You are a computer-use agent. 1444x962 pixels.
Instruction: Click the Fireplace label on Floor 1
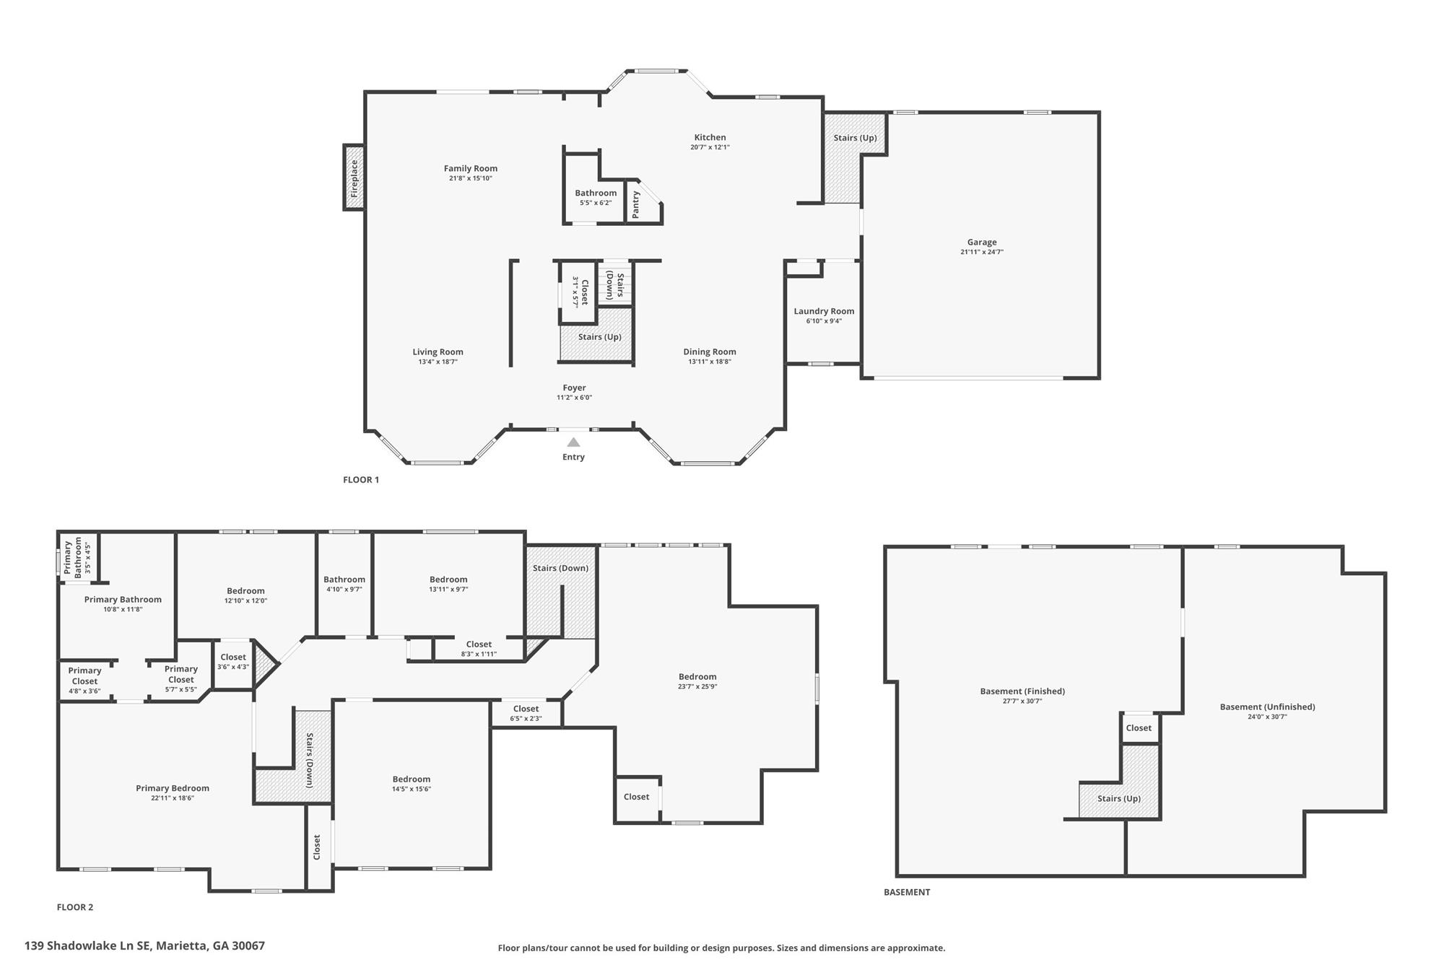pyautogui.click(x=354, y=178)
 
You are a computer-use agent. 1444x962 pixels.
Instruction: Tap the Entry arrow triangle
pyautogui.click(x=573, y=442)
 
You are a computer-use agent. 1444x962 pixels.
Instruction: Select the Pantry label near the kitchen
pyautogui.click(x=635, y=205)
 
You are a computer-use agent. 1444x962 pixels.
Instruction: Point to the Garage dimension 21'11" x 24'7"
pyautogui.click(x=982, y=252)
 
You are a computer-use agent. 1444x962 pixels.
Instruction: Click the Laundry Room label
pyautogui.click(x=824, y=311)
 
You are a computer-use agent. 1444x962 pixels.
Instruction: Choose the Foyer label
pyautogui.click(x=574, y=388)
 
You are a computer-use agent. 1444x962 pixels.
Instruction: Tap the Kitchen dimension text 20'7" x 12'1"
pyautogui.click(x=710, y=147)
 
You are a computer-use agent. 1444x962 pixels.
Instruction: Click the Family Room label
pyautogui.click(x=471, y=168)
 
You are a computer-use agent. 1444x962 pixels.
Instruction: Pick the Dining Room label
pyautogui.click(x=710, y=351)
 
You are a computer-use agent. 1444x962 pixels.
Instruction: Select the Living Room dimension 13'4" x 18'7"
pyautogui.click(x=438, y=362)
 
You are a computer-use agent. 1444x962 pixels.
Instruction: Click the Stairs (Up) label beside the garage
pyautogui.click(x=855, y=138)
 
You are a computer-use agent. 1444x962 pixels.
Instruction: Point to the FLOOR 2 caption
pyautogui.click(x=75, y=907)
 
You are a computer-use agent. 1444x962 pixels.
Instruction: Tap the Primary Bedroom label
pyautogui.click(x=173, y=788)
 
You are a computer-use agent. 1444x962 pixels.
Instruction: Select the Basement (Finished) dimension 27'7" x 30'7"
pyautogui.click(x=1022, y=701)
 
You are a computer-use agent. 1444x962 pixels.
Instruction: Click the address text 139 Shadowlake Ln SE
pyautogui.click(x=88, y=945)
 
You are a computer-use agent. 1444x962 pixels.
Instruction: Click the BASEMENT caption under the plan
pyautogui.click(x=907, y=892)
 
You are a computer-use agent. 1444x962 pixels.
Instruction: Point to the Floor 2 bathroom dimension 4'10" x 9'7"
pyautogui.click(x=344, y=589)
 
